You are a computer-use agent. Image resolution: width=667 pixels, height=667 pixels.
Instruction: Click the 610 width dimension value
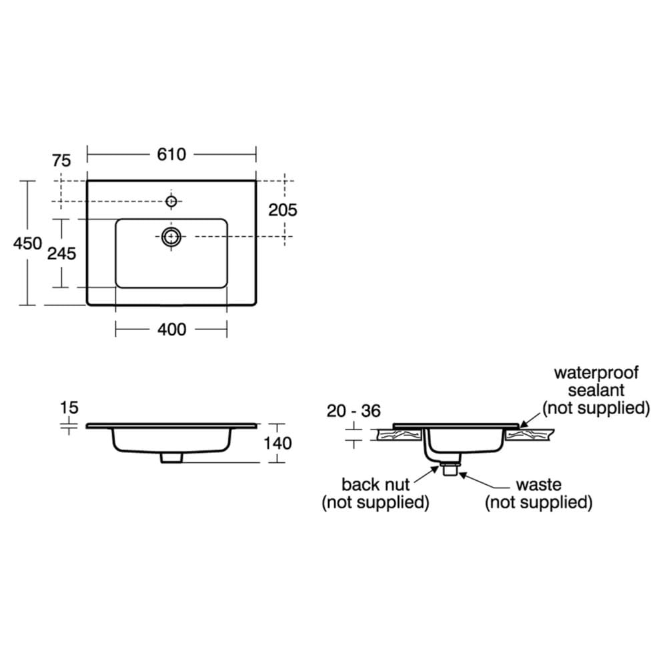coord(171,155)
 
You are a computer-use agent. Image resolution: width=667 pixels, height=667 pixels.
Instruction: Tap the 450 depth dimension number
coord(28,243)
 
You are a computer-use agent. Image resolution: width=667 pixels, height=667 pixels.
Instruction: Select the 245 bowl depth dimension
coord(61,253)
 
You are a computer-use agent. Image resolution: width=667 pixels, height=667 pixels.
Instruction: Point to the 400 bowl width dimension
coord(171,329)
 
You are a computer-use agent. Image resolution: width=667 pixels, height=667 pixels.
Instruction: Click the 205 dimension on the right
coord(283,209)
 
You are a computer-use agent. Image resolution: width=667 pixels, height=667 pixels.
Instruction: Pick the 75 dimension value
coord(61,160)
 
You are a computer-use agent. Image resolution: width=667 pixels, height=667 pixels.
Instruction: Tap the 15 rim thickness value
coord(69,407)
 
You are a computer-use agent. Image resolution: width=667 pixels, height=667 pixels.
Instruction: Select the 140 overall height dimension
coord(277,442)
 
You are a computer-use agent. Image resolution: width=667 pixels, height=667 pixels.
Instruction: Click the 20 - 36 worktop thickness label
coord(354,411)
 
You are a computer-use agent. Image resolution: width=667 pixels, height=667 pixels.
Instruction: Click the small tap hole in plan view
coord(171,201)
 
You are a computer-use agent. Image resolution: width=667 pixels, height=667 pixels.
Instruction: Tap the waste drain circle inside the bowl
coord(171,235)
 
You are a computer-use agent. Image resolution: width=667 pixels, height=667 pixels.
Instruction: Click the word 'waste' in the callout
coord(538,484)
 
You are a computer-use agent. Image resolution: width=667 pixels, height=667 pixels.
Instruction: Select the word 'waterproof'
coord(596,372)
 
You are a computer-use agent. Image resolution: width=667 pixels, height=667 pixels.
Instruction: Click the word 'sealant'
coord(596,390)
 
